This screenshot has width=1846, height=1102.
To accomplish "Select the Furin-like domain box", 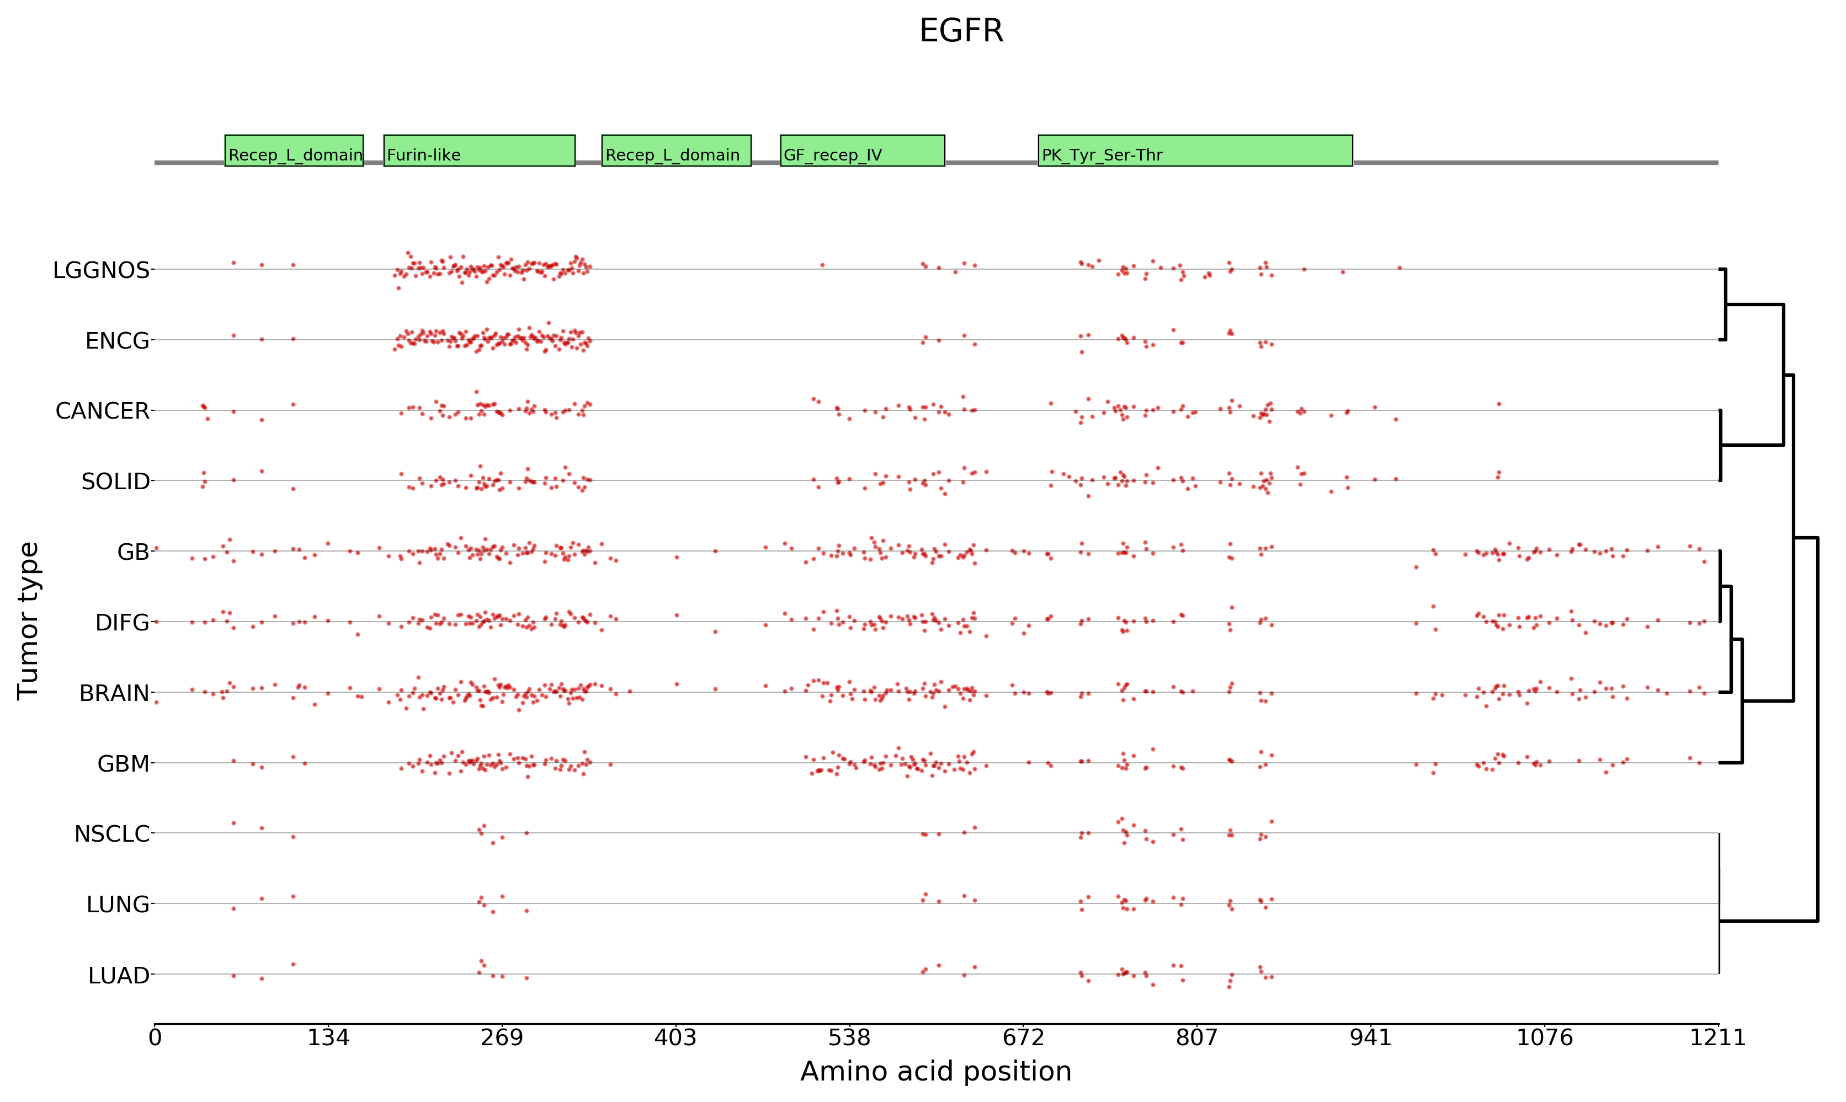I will tap(479, 151).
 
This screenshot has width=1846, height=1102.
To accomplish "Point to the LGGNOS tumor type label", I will tap(101, 270).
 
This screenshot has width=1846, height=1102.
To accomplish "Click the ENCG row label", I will tap(118, 341).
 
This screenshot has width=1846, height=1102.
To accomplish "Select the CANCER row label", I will tap(103, 411).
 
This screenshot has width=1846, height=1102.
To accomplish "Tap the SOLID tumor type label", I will tap(115, 482).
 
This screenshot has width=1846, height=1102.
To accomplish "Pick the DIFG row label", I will tap(122, 622).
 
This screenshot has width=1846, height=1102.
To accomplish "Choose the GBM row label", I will tap(123, 764).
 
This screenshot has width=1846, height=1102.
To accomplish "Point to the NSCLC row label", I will tap(111, 834).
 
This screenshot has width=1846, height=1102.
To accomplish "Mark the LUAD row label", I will tap(119, 976).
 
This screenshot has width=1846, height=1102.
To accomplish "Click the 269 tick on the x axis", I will tap(502, 1037).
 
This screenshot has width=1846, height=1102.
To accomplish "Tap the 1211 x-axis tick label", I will tap(1717, 1037).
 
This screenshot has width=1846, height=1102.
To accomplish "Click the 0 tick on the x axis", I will tap(155, 1037).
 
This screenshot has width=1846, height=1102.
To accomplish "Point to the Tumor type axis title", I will tap(28, 621).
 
